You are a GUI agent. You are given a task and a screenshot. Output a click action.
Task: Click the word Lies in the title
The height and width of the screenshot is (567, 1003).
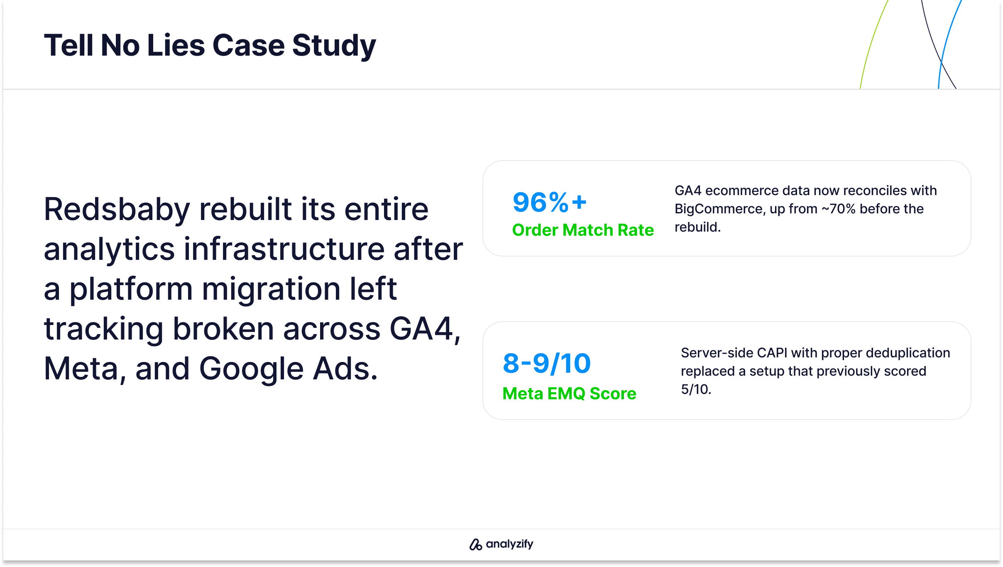point(176,45)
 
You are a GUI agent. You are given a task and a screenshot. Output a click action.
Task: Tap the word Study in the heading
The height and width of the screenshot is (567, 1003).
point(334,46)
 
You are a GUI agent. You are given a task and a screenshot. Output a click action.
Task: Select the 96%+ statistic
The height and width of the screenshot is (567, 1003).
point(550,202)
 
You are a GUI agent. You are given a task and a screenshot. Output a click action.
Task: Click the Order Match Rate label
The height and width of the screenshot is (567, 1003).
point(583,230)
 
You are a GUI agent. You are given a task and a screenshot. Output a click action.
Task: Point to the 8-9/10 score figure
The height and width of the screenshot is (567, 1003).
point(546,364)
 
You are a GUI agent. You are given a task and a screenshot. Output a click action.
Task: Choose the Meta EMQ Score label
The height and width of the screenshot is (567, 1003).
point(569,393)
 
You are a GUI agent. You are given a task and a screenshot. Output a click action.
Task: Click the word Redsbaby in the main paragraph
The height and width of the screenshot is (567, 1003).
point(117,209)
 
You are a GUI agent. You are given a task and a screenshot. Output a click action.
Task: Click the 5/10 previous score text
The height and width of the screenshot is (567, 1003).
point(696,389)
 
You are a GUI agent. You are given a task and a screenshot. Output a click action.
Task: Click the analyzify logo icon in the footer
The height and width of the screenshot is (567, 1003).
point(475,544)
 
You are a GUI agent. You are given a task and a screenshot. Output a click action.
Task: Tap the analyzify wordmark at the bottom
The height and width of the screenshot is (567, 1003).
point(509,544)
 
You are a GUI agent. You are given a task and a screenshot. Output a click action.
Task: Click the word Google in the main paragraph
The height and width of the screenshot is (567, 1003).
point(251,369)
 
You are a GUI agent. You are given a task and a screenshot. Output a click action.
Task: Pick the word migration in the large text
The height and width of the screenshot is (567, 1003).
point(272,289)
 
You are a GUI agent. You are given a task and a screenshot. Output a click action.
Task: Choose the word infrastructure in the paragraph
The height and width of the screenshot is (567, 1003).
point(284,249)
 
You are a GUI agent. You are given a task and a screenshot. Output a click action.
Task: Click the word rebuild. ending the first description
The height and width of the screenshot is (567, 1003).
point(697,227)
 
